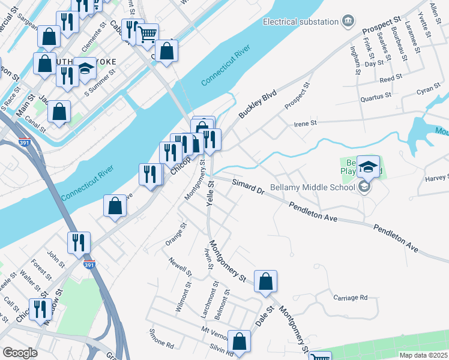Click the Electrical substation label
301,22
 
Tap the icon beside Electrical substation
348,22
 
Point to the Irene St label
304,123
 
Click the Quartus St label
375,95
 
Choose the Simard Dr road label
248,185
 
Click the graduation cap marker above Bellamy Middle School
369,166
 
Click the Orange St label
176,235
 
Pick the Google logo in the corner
20,353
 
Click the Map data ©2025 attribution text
423,355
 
